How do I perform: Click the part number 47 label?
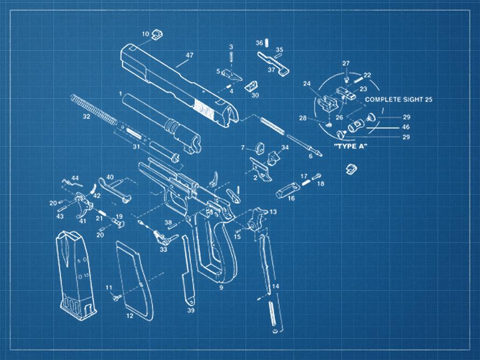[189, 55]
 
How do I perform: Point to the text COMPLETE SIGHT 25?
[399, 100]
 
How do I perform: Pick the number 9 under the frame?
[221, 288]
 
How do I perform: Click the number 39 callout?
[190, 310]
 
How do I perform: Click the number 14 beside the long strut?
[276, 286]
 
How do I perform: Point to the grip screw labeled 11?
[117, 295]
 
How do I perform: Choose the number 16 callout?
[291, 198]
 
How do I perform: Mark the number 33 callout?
[163, 249]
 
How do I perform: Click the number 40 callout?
[110, 177]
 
